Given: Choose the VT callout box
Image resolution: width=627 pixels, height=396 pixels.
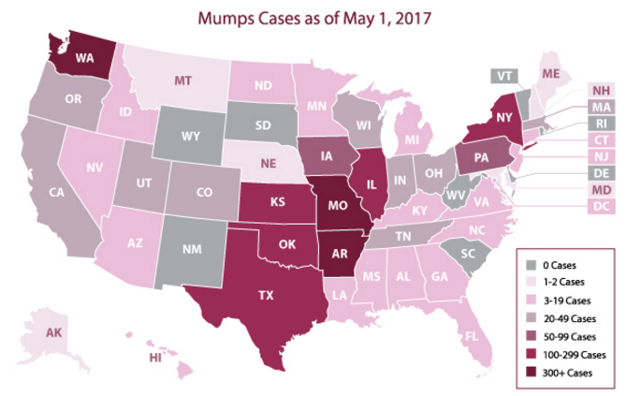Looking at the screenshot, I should point(506,76).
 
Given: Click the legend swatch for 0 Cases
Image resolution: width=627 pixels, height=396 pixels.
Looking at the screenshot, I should point(532,265).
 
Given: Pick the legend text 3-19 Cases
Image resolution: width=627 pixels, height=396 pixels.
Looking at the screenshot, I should point(569,301).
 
